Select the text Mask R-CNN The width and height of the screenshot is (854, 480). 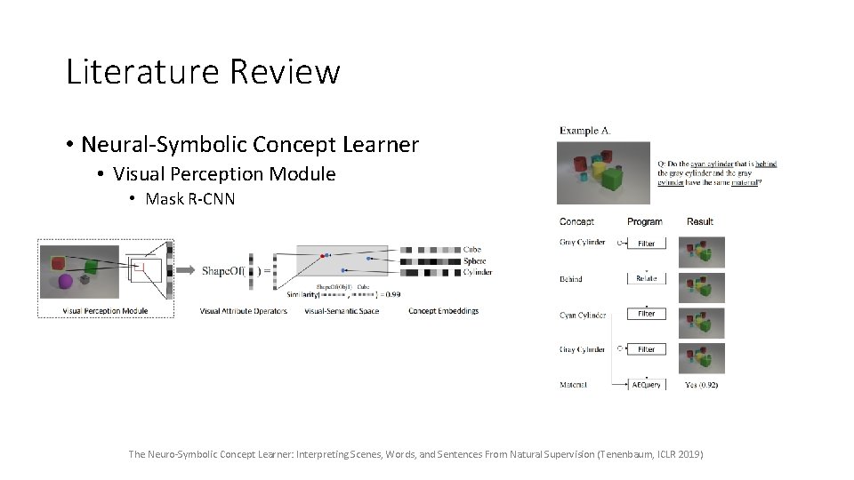(189, 199)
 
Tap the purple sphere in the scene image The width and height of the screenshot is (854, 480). (65, 283)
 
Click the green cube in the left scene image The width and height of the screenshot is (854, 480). (91, 266)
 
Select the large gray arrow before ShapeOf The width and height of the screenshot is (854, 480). (186, 269)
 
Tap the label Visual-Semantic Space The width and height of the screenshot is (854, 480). (341, 311)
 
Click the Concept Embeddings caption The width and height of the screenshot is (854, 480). (443, 311)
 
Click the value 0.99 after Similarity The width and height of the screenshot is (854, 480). (391, 293)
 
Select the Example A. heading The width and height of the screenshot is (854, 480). (584, 131)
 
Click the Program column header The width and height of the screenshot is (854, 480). (644, 221)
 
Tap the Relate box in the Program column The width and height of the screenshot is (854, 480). (646, 278)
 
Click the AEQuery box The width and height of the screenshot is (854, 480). (646, 385)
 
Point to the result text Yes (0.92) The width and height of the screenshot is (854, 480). (702, 385)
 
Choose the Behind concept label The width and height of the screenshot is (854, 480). (571, 279)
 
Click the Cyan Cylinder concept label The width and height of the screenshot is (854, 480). (583, 315)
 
